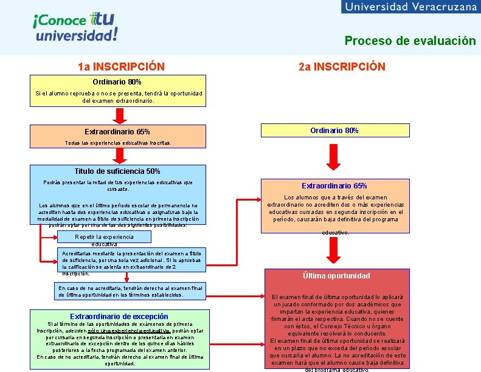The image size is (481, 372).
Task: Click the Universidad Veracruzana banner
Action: tap(412, 7)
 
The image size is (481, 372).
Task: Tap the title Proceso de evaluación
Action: tap(410, 41)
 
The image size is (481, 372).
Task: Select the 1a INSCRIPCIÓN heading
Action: tap(121, 66)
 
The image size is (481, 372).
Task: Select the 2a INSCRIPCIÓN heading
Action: tap(342, 66)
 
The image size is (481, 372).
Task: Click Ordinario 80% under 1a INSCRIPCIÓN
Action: tap(117, 81)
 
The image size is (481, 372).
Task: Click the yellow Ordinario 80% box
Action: tap(334, 131)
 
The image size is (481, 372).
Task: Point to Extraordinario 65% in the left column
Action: tap(117, 132)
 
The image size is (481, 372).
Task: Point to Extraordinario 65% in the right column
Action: tap(334, 185)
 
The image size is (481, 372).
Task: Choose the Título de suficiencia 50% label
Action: tap(117, 171)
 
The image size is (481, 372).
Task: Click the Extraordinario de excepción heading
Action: tap(119, 316)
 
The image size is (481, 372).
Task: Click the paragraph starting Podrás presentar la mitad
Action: tap(118, 185)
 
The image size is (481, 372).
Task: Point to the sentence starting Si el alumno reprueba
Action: tap(117, 97)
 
